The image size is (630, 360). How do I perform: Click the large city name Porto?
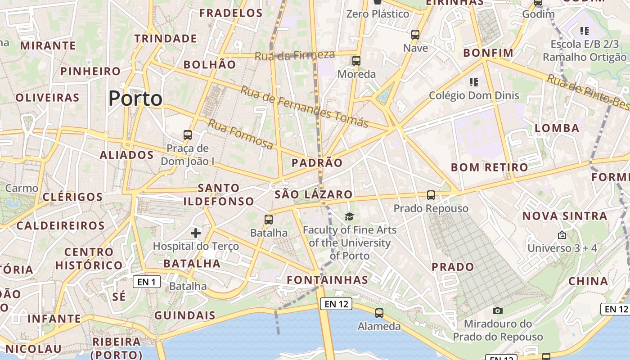135,99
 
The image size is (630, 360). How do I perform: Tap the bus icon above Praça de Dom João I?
188,135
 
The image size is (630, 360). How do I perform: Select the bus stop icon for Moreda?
356,60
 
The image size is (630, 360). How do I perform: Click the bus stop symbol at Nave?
415,34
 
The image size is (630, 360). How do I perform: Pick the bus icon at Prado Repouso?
431,195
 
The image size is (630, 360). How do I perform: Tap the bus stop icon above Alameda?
379,313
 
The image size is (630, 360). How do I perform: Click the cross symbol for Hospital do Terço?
196,233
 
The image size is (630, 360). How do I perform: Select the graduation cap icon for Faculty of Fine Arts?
350,217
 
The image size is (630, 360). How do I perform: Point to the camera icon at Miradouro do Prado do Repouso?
497,310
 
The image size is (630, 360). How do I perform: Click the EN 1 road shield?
147,282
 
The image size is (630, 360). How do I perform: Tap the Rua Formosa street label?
240,134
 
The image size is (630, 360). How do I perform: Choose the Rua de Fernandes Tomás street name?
305,106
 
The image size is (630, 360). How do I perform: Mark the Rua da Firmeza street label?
295,55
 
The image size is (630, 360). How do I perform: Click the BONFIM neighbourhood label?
488,53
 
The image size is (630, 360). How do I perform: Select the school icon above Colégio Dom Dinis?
473,82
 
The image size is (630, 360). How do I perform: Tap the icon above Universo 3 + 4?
562,235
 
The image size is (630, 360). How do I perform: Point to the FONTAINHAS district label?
328,280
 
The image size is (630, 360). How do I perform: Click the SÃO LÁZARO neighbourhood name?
314,194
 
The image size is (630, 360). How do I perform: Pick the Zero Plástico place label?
378,14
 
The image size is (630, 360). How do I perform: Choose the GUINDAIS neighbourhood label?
185,315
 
